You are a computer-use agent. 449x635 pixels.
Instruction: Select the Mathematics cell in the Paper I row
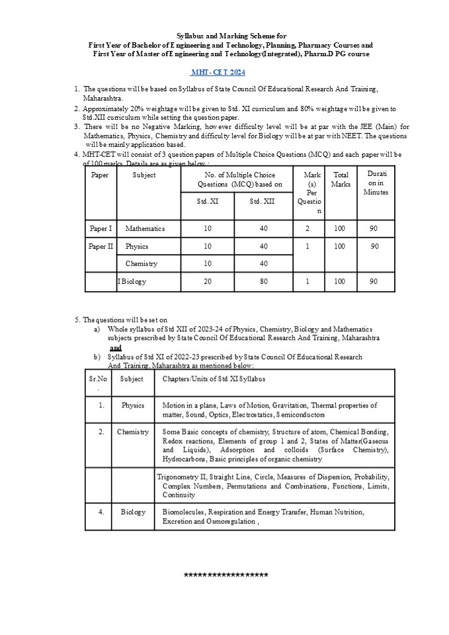pos(145,229)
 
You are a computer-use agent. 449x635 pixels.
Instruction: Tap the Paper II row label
pos(101,246)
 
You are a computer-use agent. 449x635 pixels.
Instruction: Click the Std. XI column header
pos(207,201)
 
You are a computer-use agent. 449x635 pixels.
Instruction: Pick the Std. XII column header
pos(263,201)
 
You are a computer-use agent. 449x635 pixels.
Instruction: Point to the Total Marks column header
pos(341,179)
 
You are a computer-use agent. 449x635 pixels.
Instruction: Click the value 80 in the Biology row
pos(263,281)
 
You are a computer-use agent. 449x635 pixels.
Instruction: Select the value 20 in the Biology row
pos(207,281)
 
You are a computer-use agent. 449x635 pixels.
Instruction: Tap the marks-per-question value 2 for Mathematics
pos(308,229)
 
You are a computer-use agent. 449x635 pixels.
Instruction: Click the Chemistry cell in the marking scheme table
pos(142,263)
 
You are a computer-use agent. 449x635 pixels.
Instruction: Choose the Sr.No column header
pos(98,383)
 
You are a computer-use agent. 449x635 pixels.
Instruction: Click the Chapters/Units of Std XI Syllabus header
pos(214,379)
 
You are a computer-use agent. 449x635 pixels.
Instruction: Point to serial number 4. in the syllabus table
pos(101,512)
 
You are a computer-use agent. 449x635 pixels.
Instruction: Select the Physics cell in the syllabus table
pos(132,405)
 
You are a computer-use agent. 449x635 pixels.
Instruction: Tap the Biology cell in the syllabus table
pos(133,512)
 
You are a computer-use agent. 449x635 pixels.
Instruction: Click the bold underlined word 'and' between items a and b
pos(116,347)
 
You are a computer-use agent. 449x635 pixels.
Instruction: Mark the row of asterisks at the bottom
pos(225,575)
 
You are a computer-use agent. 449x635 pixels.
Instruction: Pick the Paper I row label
pos(101,229)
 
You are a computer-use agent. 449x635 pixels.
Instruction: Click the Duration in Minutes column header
pos(376,183)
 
